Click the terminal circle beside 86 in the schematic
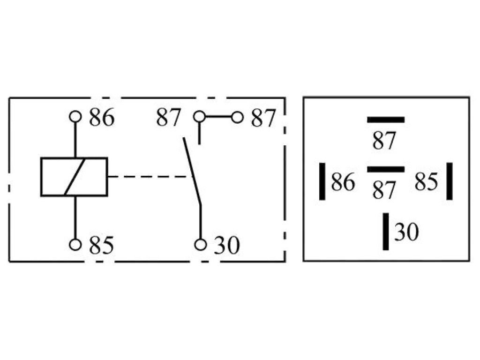tap(75, 117)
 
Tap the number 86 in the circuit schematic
tap(102, 118)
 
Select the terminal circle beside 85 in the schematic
tap(75, 245)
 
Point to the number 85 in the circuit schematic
tap(102, 246)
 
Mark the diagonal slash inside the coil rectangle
tap(75, 177)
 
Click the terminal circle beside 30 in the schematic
tap(201, 245)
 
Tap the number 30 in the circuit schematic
tap(227, 246)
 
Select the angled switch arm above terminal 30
tap(192, 171)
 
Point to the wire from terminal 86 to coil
tap(75, 140)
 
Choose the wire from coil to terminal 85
tap(75, 217)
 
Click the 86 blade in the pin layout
tap(322, 181)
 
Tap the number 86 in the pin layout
tap(343, 182)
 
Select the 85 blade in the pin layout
tap(450, 181)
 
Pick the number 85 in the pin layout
tap(427, 182)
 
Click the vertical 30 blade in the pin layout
tap(386, 232)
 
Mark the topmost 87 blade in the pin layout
tap(386, 120)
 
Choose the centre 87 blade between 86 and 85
tap(386, 169)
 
